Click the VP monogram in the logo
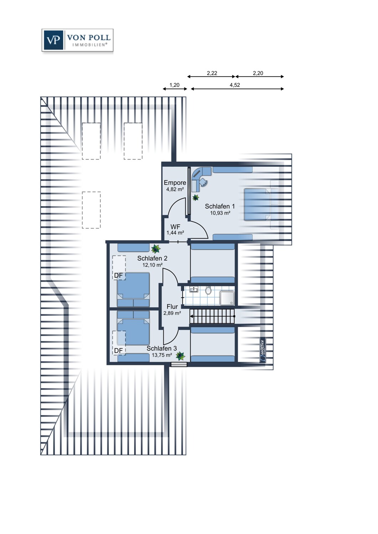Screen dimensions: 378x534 pyautogui.click(x=53, y=40)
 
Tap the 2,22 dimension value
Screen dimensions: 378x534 pyautogui.click(x=212, y=73)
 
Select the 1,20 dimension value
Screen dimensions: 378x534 pyautogui.click(x=174, y=85)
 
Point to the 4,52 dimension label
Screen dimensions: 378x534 pyautogui.click(x=235, y=85)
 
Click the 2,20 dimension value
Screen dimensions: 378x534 pyautogui.click(x=258, y=73)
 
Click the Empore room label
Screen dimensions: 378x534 pyautogui.click(x=175, y=183)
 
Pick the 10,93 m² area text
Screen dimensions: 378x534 pyautogui.click(x=220, y=213)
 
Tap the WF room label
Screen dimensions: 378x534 pyautogui.click(x=175, y=227)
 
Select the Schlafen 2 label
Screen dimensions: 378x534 pyautogui.click(x=152, y=258)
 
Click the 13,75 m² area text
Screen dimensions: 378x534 pyautogui.click(x=162, y=355)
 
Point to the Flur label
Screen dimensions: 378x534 pyautogui.click(x=172, y=307)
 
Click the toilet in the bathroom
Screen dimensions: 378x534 pyautogui.click(x=209, y=290)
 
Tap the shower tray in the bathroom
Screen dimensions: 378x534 pyautogui.click(x=227, y=298)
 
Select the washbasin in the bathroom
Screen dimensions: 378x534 pyautogui.click(x=194, y=289)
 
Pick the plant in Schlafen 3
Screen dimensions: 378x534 pyautogui.click(x=180, y=356)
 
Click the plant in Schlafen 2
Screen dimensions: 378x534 pyautogui.click(x=156, y=249)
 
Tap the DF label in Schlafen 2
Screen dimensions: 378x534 pyautogui.click(x=118, y=275)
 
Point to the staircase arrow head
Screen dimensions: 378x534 pyautogui.click(x=191, y=316)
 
